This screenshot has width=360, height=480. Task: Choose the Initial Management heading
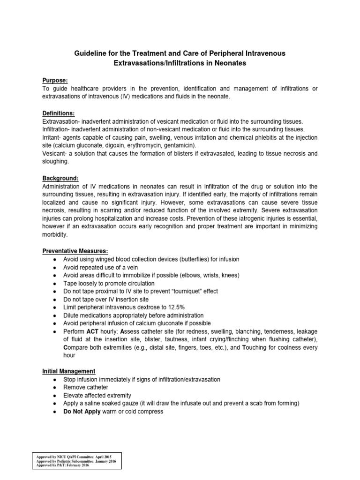coord(68,371)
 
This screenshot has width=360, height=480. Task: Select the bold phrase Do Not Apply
coord(82,412)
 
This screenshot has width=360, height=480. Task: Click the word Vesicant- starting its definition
coord(55,153)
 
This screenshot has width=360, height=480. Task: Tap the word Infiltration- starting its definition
coord(58,129)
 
